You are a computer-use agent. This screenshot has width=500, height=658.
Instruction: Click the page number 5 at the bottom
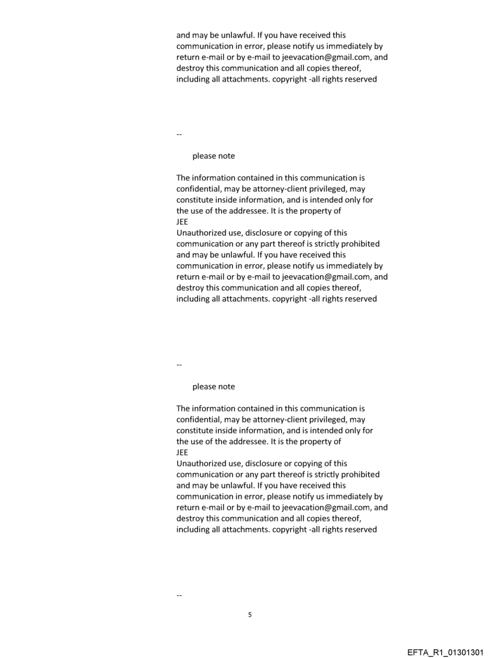249,614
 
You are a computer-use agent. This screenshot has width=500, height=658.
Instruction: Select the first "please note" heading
213,156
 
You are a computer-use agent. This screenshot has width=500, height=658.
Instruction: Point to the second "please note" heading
213,386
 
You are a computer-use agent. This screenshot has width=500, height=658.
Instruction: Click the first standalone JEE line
182,222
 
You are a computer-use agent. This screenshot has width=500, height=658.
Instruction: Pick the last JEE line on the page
182,453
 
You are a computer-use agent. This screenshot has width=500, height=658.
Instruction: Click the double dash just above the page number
179,595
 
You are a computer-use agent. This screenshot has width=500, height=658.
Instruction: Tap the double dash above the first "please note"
179,134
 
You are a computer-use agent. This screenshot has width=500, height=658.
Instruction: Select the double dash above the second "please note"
179,365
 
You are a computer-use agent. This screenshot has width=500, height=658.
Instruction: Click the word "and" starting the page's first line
184,36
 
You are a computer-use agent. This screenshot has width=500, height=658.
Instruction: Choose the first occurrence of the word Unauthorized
203,233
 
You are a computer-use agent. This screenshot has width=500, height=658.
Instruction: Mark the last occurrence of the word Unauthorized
203,464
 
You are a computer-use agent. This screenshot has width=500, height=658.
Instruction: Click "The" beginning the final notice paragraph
184,408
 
